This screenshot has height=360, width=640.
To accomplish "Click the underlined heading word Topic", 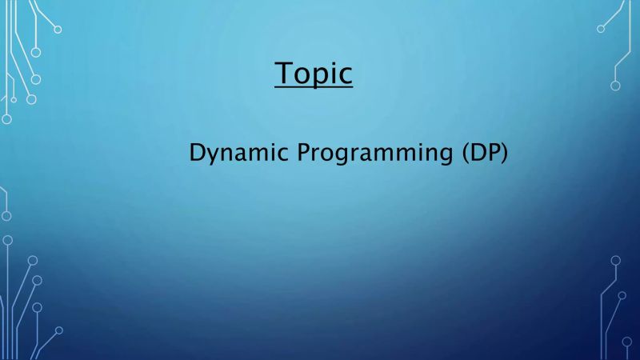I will [x=314, y=73].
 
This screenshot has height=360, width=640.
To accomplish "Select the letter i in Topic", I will [x=334, y=72].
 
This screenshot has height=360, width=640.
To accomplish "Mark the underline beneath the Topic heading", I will [x=314, y=88].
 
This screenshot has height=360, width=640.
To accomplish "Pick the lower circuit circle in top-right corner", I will [x=615, y=86].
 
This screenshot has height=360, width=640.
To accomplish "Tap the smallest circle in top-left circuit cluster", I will [x=14, y=100].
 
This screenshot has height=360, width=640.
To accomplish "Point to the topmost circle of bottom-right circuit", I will [x=615, y=260].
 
